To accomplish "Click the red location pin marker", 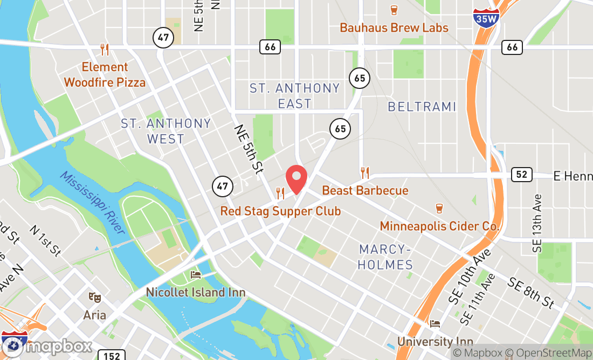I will [x=296, y=179].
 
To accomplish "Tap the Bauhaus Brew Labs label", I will [x=394, y=27].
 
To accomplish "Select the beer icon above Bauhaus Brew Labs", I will [x=394, y=10].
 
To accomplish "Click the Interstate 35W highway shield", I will [x=486, y=18].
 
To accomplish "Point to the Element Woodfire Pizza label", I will [x=105, y=74].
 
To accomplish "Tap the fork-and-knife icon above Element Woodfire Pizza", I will [x=105, y=50].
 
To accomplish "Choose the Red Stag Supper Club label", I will [x=280, y=211].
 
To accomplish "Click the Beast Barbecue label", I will [x=365, y=190].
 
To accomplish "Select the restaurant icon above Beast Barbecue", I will [x=365, y=172].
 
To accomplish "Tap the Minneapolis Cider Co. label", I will [x=440, y=226].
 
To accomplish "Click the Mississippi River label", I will [x=92, y=202].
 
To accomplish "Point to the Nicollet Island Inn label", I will [x=196, y=293].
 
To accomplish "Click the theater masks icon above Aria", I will [x=95, y=297].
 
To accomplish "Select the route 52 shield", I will [x=521, y=175].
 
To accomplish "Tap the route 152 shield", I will [x=112, y=355].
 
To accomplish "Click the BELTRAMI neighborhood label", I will [x=422, y=107].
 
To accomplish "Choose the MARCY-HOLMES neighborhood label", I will [x=386, y=257].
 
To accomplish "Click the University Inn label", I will [x=435, y=341].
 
